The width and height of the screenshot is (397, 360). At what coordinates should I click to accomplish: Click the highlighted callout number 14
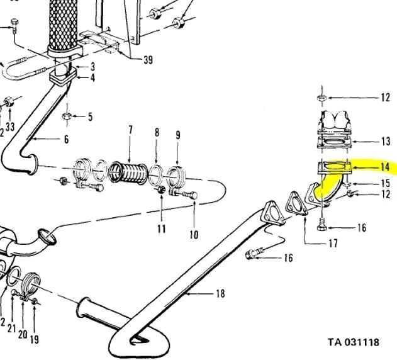click(x=384, y=167)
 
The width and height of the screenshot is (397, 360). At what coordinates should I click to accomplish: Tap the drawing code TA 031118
click(x=354, y=342)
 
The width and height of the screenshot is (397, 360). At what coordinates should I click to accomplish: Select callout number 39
click(x=148, y=60)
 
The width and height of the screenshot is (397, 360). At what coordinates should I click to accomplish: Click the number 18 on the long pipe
click(x=221, y=294)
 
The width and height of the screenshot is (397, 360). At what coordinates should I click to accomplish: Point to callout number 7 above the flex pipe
click(x=130, y=130)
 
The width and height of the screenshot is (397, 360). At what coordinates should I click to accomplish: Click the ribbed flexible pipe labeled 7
click(x=128, y=172)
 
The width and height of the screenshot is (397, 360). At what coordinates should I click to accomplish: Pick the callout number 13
click(x=386, y=141)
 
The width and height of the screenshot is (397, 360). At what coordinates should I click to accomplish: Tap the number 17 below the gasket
click(x=333, y=244)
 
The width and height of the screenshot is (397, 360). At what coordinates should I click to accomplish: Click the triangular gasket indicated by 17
click(x=296, y=204)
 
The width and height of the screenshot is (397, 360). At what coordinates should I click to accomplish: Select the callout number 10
click(x=194, y=235)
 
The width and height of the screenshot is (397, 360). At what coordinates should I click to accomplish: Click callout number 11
click(x=161, y=228)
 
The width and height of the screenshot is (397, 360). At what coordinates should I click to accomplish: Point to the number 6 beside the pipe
click(x=66, y=139)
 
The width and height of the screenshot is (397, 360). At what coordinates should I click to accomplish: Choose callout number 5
click(x=90, y=117)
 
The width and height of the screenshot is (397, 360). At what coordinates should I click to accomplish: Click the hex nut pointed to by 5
click(x=66, y=116)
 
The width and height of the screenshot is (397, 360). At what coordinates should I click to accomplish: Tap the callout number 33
click(x=10, y=127)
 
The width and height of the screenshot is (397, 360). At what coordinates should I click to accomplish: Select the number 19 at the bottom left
click(x=35, y=339)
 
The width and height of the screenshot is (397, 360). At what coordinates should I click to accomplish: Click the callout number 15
click(x=385, y=183)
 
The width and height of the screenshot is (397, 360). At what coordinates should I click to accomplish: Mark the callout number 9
click(x=178, y=135)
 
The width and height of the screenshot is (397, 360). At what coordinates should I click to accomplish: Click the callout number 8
click(x=157, y=133)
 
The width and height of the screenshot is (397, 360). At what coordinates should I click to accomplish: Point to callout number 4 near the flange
click(x=92, y=78)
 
